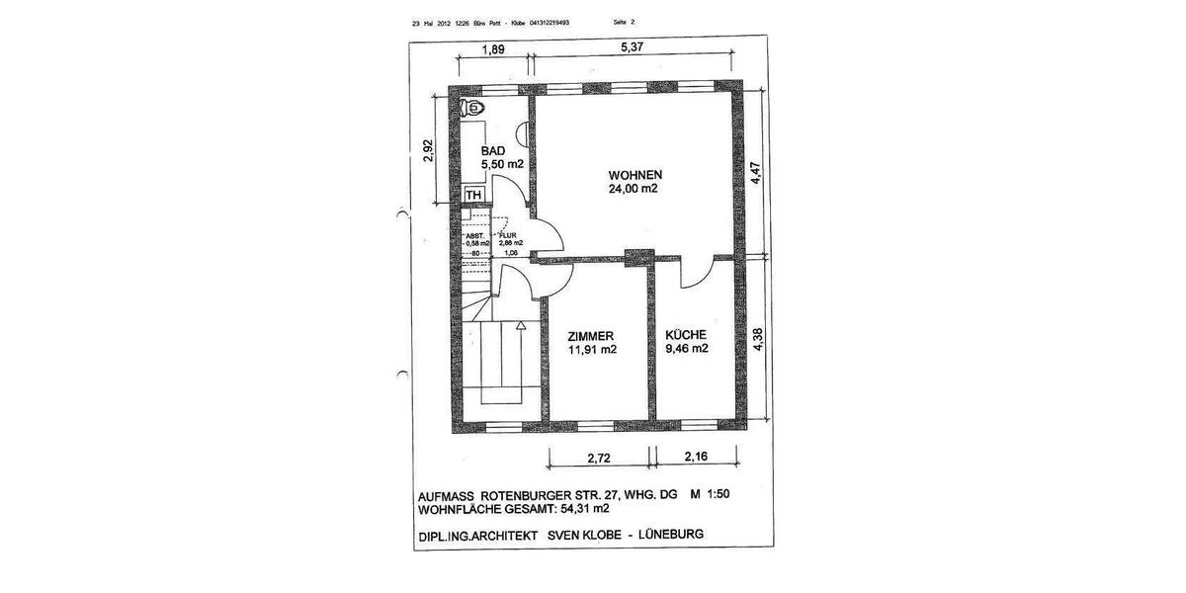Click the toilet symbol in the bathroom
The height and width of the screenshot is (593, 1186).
tap(473, 106)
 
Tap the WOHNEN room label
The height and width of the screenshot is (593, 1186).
tap(635, 174)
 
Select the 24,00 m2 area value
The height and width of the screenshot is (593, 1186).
tap(634, 189)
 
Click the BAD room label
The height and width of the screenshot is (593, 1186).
tap(493, 150)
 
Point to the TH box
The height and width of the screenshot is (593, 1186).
tap(473, 195)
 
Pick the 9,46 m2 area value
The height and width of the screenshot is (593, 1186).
tap(686, 348)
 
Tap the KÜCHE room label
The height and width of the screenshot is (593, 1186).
tap(686, 334)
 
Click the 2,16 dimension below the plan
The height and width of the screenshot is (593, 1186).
tap(697, 457)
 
